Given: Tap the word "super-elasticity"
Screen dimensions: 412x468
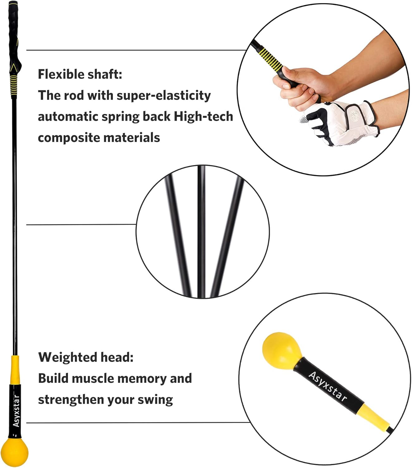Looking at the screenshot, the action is pos(164,96).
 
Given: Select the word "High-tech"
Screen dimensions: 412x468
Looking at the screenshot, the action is pos(203,116).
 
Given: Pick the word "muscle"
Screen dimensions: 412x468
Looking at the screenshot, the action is pos(92,378).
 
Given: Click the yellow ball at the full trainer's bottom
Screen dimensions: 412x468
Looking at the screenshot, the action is pos(15,452).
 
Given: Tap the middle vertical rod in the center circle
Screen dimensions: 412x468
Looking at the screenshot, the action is pos(201,232).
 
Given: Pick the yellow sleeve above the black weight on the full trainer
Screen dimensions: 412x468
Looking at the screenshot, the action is pos(15,370).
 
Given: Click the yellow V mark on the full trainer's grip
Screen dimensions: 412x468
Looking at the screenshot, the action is pos(14,68).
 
